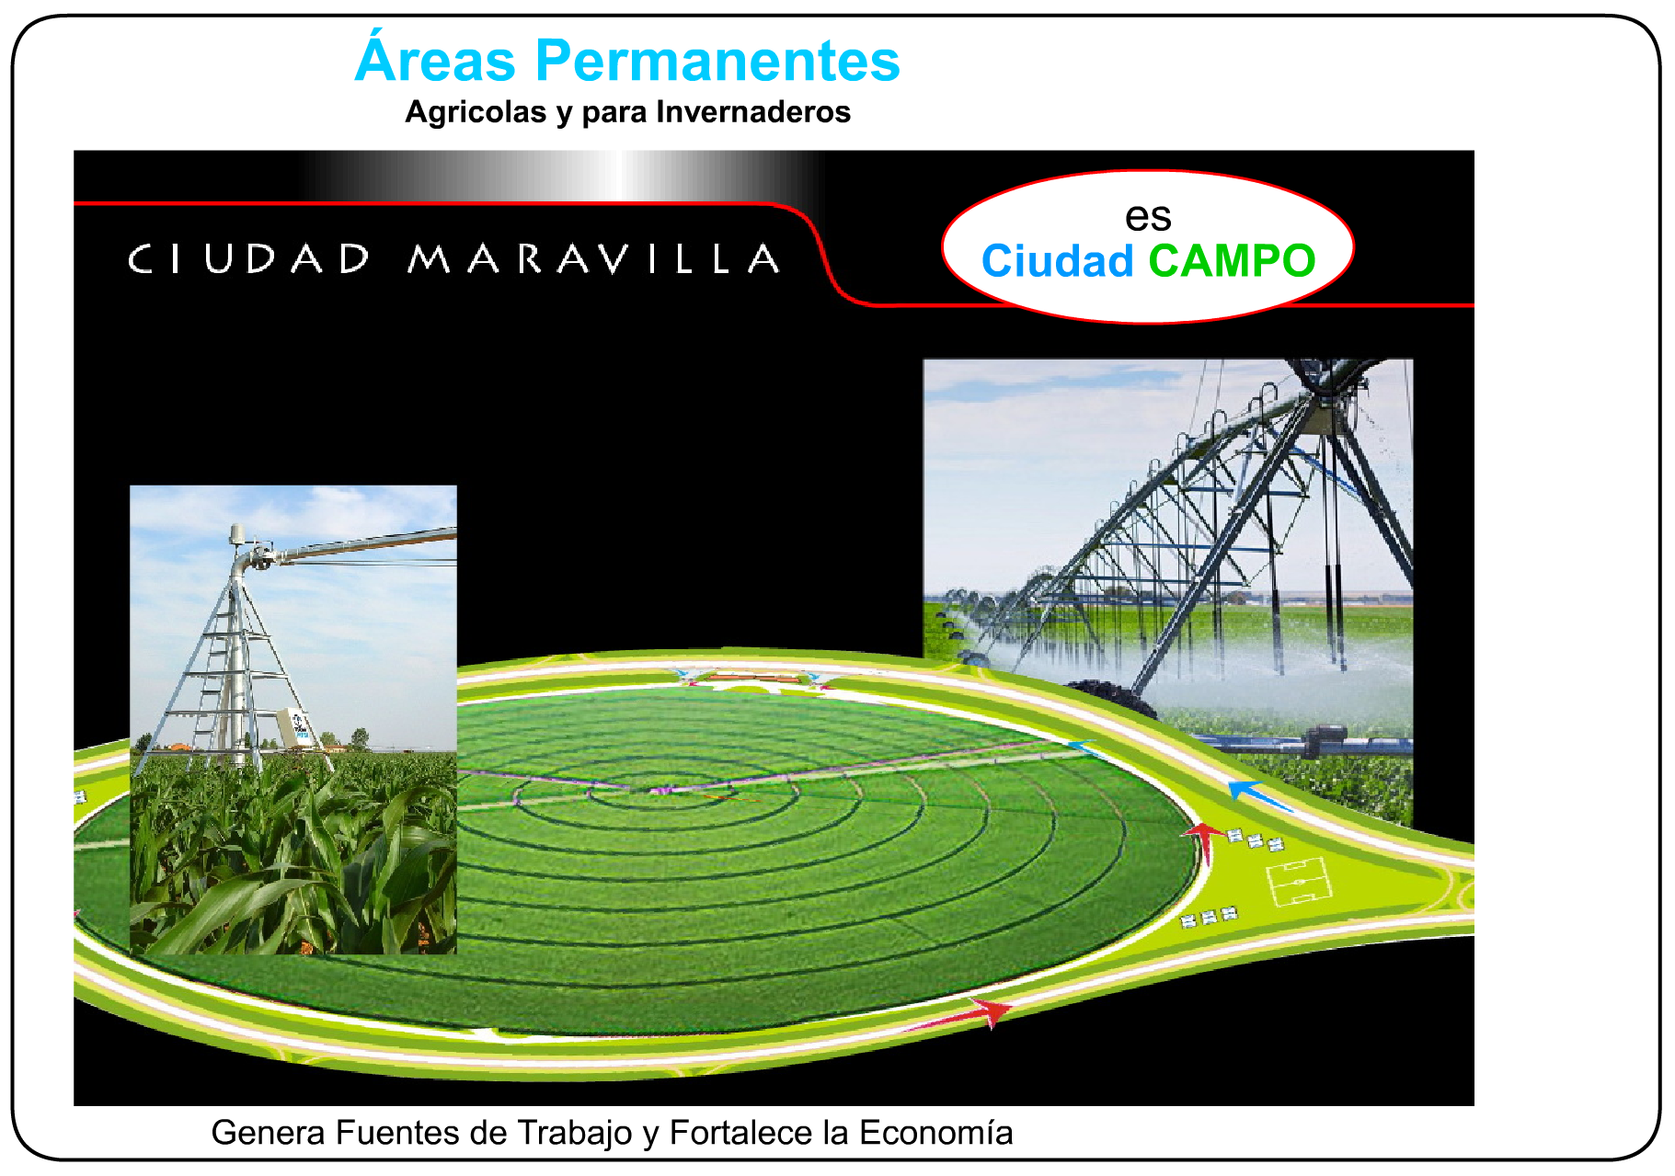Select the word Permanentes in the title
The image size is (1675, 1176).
pyautogui.click(x=717, y=61)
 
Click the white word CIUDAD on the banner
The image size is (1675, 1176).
pyautogui.click(x=249, y=258)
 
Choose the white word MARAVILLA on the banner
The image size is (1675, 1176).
pyautogui.click(x=594, y=258)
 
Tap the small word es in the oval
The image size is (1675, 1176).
pyautogui.click(x=1148, y=217)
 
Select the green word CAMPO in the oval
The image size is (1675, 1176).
pyautogui.click(x=1233, y=261)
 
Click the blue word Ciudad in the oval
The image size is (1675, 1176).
pyautogui.click(x=1058, y=261)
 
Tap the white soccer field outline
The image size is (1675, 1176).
pyautogui.click(x=1299, y=880)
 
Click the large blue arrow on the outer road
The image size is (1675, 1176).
pyautogui.click(x=1260, y=795)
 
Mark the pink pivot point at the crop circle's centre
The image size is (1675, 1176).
pyautogui.click(x=659, y=790)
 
